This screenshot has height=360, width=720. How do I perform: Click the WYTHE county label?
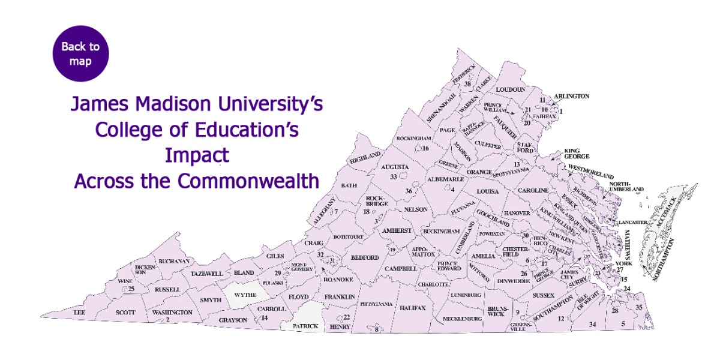pyautogui.click(x=244, y=295)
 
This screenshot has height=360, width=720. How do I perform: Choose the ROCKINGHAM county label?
pyautogui.click(x=414, y=139)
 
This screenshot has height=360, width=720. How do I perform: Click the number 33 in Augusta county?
pyautogui.click(x=394, y=177)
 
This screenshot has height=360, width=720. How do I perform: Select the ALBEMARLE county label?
pyautogui.click(x=445, y=179)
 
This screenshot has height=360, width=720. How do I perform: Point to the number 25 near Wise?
pyautogui.click(x=131, y=289)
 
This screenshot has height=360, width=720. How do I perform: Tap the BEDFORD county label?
pyautogui.click(x=365, y=257)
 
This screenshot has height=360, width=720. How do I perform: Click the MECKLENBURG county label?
pyautogui.click(x=462, y=319)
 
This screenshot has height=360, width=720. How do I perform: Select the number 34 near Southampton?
pyautogui.click(x=593, y=325)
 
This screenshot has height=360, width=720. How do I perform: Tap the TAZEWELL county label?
pyautogui.click(x=206, y=274)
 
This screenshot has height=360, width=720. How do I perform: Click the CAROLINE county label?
pyautogui.click(x=533, y=190)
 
